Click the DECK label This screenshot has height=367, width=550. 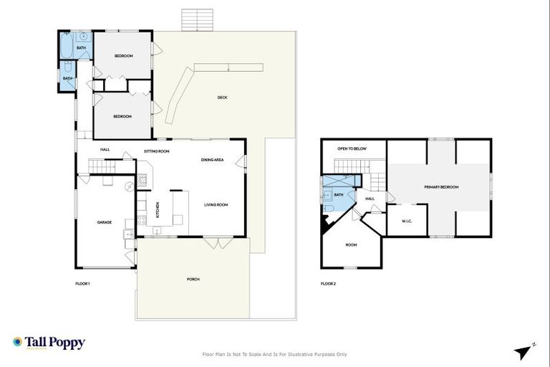(223, 97)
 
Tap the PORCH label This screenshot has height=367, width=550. (193, 279)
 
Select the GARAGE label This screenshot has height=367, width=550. (105, 222)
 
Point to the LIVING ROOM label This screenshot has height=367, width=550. (216, 205)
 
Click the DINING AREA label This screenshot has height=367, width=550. (213, 160)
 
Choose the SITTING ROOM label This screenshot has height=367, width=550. (156, 151)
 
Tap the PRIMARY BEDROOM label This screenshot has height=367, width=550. (440, 187)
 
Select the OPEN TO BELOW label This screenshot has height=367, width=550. (352, 148)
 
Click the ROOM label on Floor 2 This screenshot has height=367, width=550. (351, 245)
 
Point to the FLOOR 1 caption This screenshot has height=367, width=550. (82, 284)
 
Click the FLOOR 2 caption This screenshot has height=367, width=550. (328, 284)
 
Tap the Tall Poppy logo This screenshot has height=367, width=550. (49, 343)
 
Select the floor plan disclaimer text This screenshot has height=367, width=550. (275, 354)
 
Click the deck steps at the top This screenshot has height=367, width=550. (198, 19)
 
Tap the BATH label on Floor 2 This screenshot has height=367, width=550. (339, 194)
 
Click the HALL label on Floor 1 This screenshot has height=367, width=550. (105, 150)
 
